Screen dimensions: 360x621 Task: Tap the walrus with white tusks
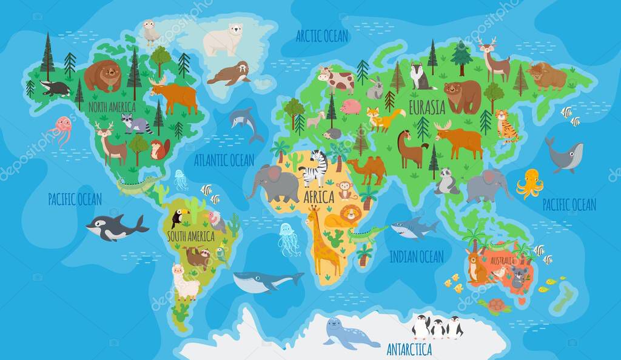coord(230,74)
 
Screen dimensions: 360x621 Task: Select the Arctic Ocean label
coord(322,36)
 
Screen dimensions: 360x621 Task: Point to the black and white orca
coord(115,227)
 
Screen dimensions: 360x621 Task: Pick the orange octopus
coord(529,183)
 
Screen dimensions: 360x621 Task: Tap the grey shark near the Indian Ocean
coord(414,228)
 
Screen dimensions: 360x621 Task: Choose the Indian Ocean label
coord(416,256)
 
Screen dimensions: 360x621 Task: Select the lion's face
coord(351,214)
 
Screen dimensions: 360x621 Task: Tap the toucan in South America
coord(180,217)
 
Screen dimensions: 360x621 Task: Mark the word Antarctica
coord(409,349)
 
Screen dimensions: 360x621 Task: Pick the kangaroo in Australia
coord(477,265)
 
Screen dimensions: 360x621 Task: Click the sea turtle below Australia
coord(497,305)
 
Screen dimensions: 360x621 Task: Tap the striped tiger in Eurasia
coord(506,125)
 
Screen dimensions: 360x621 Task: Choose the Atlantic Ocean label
coord(224,160)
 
